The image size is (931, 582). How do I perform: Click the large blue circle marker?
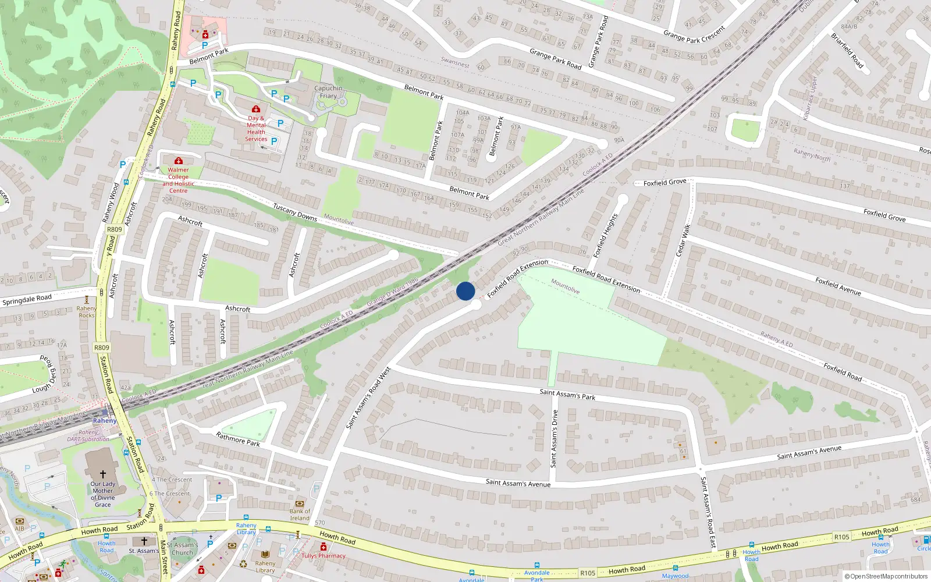465,291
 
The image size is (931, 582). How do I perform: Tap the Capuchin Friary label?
328,92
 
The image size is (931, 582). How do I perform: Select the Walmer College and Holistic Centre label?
178,180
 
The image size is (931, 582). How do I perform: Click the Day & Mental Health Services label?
256,129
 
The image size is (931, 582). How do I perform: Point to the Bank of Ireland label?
300,514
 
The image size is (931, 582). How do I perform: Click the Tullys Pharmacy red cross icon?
324,546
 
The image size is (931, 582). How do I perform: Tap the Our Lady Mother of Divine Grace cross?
103,474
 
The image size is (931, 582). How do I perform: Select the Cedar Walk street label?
683,240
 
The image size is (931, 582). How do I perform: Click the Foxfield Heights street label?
605,236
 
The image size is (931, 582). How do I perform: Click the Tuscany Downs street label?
295,212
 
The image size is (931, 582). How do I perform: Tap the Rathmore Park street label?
238,439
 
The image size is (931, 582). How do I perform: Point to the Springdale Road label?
27,300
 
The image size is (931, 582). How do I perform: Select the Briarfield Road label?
847,51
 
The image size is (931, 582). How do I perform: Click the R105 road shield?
841,537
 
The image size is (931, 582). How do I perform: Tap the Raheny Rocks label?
86,312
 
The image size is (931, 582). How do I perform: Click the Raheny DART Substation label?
88,436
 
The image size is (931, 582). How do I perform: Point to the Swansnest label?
455,62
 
